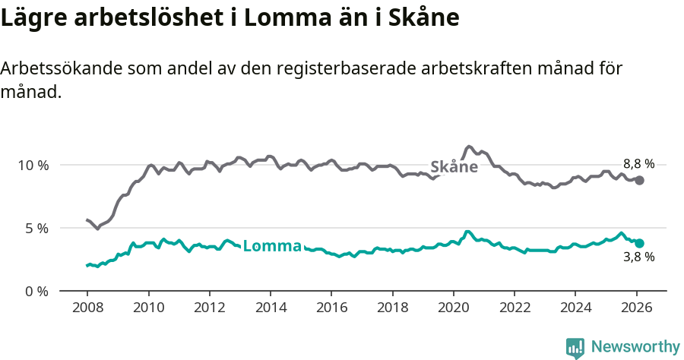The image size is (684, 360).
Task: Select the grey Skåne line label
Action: (x=454, y=167)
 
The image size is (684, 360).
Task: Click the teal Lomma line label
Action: (x=272, y=246)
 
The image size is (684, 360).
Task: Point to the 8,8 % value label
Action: (x=638, y=163)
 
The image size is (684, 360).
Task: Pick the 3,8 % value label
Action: (x=638, y=257)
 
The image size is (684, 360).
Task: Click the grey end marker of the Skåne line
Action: (x=639, y=180)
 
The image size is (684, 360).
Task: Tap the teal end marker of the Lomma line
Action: (x=639, y=243)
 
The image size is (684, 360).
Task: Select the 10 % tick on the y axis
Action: (x=33, y=165)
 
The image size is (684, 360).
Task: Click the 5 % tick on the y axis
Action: (x=36, y=228)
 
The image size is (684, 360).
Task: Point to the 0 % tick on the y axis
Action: (x=36, y=291)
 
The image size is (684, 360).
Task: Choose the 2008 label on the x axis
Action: (x=87, y=308)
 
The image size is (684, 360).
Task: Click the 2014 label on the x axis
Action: (x=270, y=308)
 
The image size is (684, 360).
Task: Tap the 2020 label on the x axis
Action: (x=453, y=308)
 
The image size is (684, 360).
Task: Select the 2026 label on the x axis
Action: (x=636, y=308)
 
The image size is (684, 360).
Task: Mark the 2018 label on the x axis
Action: (x=392, y=308)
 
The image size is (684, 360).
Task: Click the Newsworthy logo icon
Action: (x=575, y=347)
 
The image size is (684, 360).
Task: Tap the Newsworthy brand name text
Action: (x=635, y=347)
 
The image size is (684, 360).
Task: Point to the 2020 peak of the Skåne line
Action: (x=469, y=147)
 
